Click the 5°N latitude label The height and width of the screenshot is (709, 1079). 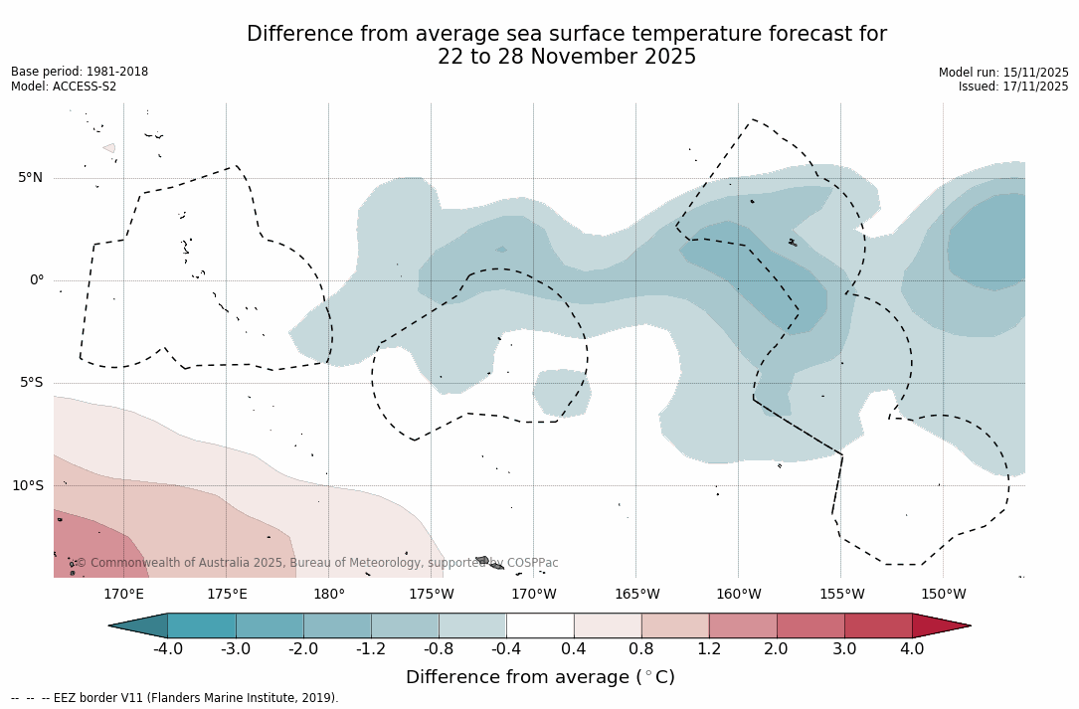(30, 178)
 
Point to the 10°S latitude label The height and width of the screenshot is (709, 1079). (27, 486)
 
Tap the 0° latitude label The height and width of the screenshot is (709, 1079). (36, 280)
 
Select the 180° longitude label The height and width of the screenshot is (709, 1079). (329, 595)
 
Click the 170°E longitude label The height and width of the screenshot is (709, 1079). (123, 595)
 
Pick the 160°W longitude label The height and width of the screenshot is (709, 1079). (738, 595)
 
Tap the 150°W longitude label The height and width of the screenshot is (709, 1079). (943, 595)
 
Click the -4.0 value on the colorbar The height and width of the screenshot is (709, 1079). (167, 649)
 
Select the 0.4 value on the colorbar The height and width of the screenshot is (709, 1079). (574, 649)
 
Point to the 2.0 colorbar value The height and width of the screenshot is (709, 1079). (776, 649)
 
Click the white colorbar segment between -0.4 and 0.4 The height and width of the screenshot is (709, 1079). (540, 625)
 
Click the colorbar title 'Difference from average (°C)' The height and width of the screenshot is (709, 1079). (540, 677)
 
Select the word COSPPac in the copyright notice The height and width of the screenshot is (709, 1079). (533, 563)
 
